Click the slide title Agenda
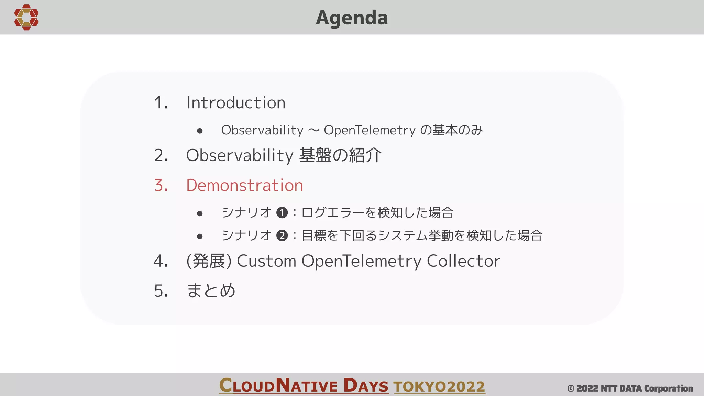352,18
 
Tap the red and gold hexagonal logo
26,17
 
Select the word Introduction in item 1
236,102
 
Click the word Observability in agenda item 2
239,155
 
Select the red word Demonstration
244,185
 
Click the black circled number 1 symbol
282,213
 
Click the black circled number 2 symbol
282,236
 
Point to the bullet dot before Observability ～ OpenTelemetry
200,131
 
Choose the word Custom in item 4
266,261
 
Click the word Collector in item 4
463,261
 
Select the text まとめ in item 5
211,290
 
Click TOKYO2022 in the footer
439,386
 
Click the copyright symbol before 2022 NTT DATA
571,389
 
